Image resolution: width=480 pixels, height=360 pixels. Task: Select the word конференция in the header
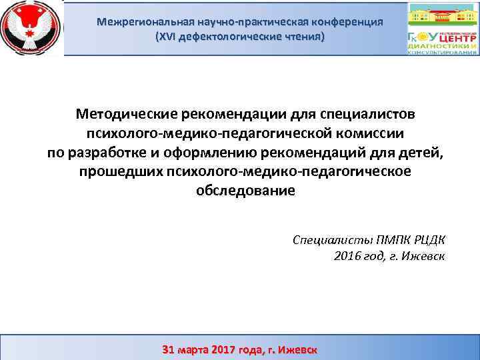coord(349,21)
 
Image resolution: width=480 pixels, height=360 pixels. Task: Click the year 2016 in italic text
coord(347,256)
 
